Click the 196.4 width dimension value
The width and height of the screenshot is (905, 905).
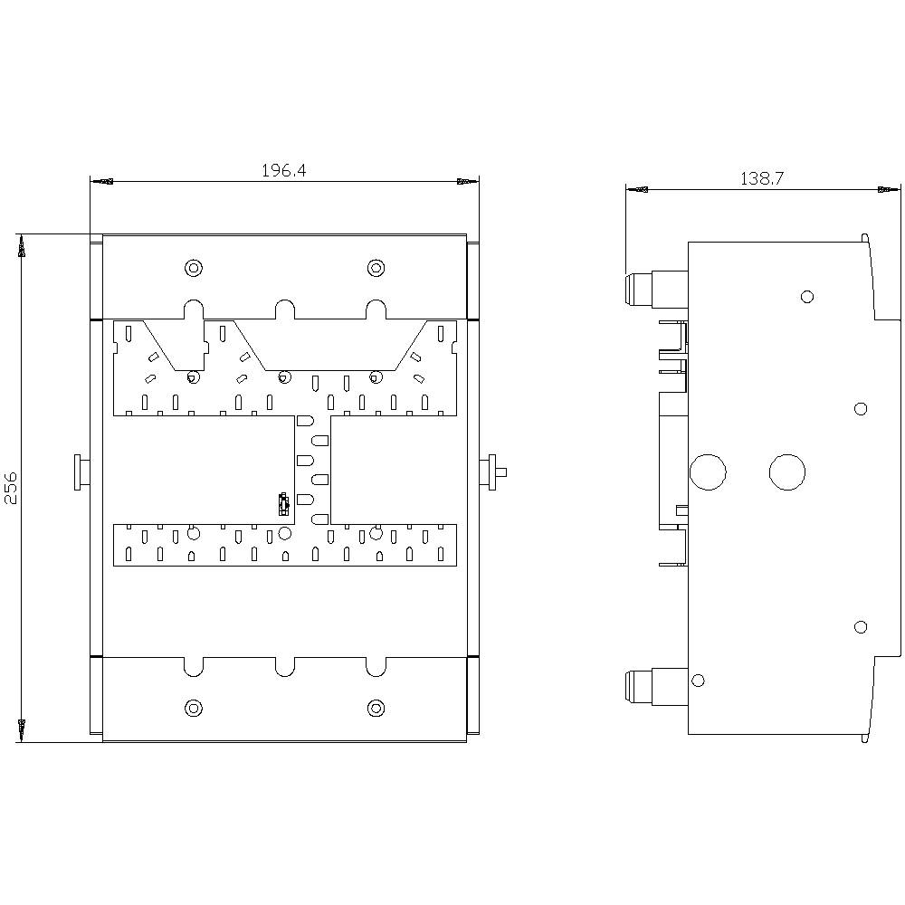[x=283, y=170]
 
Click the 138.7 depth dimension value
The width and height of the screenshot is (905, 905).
[x=762, y=178]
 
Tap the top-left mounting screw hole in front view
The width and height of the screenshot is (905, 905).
[x=193, y=268]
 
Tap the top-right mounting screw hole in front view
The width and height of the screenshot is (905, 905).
[x=376, y=268]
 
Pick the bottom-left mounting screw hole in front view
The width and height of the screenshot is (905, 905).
[x=193, y=707]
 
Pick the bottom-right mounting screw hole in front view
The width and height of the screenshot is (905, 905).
[x=376, y=707]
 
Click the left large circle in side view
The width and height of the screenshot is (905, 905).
[x=708, y=472]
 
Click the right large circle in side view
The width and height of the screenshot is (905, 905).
[x=786, y=472]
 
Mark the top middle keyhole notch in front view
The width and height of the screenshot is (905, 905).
[x=284, y=309]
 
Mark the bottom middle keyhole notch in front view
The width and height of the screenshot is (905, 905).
[x=284, y=666]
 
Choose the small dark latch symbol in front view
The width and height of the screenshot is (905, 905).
[x=283, y=502]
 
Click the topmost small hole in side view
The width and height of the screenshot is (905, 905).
[x=807, y=297]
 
